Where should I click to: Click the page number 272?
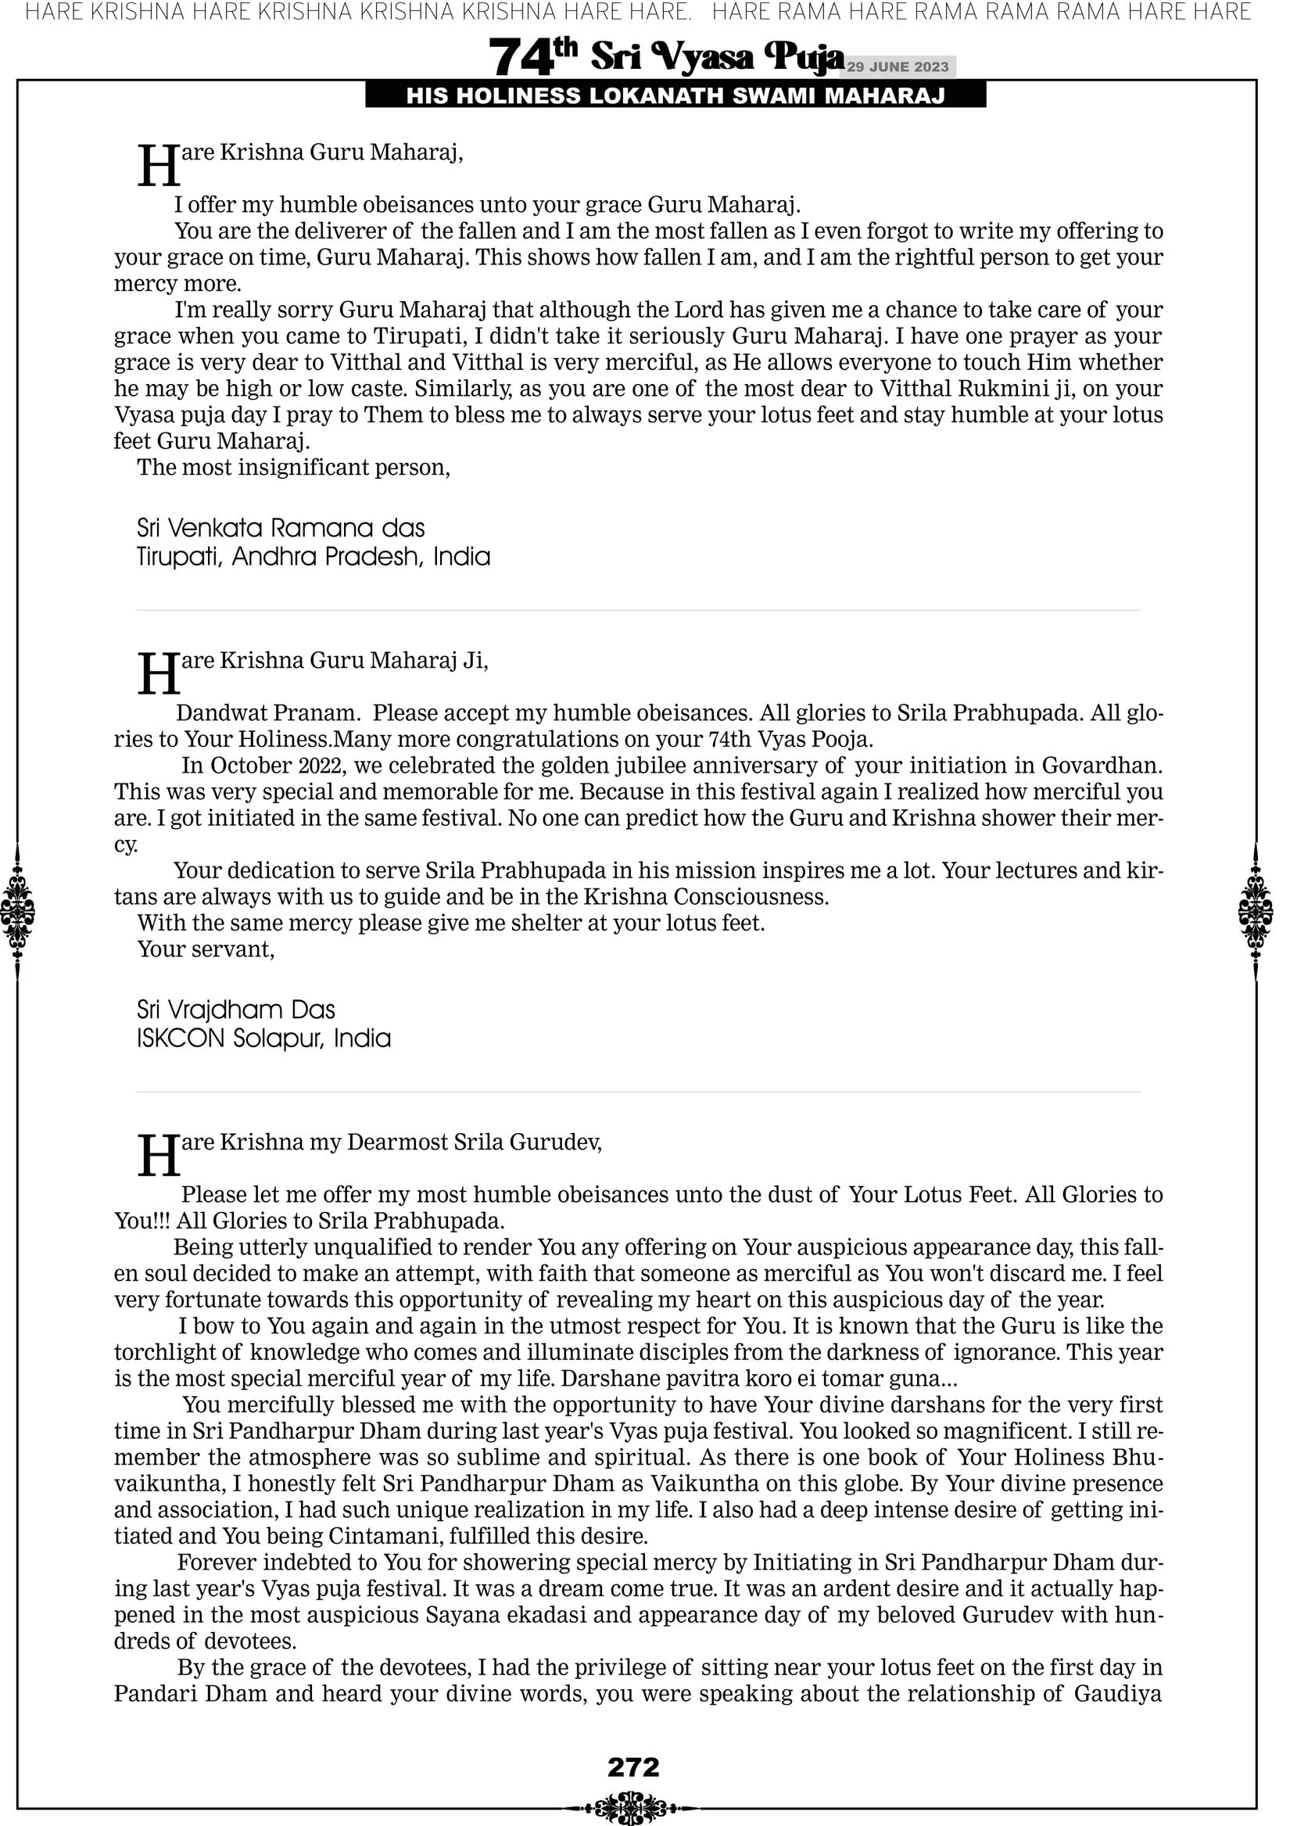(633, 1767)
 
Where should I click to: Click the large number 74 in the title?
(520, 58)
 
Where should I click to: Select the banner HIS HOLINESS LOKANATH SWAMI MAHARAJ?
(675, 96)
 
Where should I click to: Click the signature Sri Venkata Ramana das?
(281, 528)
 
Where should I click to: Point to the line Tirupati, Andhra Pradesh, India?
(314, 557)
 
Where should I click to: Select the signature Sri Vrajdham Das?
(235, 1010)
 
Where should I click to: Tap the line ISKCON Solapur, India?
(263, 1038)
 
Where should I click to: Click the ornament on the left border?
(17, 911)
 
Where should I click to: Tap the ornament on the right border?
(1256, 911)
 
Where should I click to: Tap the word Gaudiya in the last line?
(1117, 1693)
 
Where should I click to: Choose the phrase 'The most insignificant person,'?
(293, 467)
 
